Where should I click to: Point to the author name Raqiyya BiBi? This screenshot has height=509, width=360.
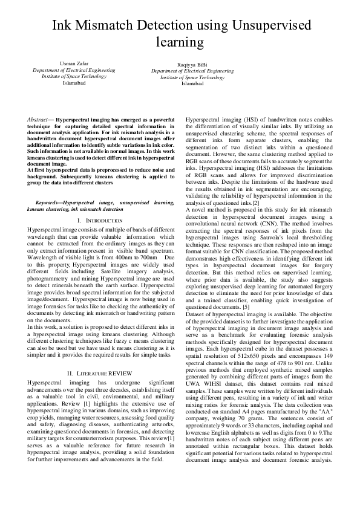tap(192, 64)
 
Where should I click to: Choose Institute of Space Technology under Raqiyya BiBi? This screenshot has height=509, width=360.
tap(192, 77)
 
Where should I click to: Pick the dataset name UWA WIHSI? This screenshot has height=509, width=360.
tap(210, 400)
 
